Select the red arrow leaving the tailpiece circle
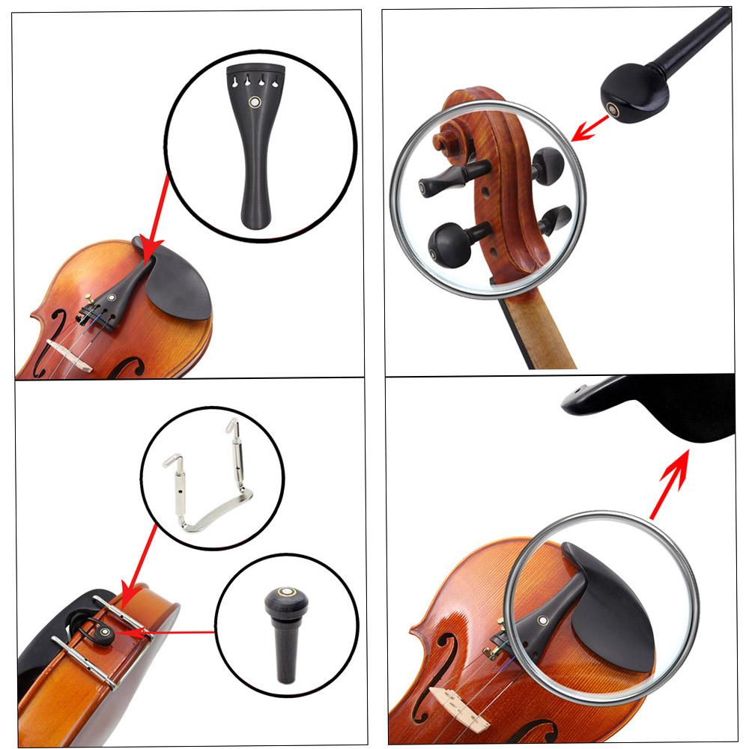(x=158, y=214)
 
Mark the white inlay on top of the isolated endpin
(x=284, y=591)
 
